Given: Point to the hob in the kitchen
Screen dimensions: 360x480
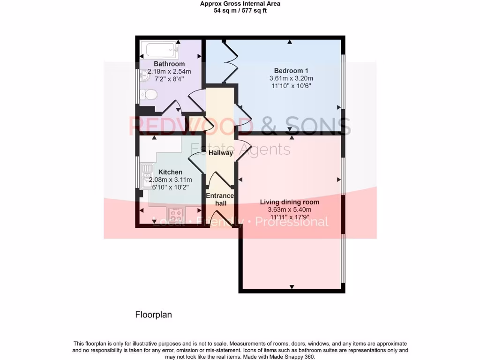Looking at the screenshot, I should click(x=176, y=215).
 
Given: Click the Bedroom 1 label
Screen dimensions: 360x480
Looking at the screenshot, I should click(x=291, y=71).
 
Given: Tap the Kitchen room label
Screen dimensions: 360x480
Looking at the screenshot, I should click(x=170, y=172).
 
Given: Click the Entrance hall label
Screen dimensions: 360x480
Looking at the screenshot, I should click(x=220, y=199).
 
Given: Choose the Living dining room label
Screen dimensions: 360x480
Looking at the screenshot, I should click(x=290, y=202).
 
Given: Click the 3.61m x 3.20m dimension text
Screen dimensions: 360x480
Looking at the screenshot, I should click(x=291, y=78).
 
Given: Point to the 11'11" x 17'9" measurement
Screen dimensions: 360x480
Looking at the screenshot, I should click(x=290, y=217).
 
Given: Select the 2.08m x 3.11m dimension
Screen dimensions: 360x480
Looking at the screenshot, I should click(x=170, y=180).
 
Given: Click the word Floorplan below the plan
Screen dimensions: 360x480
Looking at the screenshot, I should click(x=153, y=315).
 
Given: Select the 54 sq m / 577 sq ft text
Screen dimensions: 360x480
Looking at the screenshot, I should click(x=240, y=10).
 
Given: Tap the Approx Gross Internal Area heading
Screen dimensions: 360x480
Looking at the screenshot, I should click(x=240, y=4).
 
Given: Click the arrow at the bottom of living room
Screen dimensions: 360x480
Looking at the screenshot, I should click(x=292, y=287).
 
